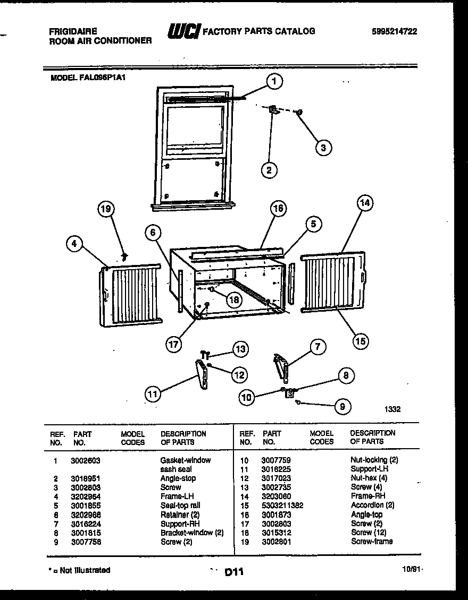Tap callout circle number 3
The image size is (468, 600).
coord(323,148)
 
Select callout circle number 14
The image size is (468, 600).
coord(364,202)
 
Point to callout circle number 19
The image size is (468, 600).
coord(106,209)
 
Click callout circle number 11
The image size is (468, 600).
coord(153,393)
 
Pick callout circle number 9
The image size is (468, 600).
coord(342,407)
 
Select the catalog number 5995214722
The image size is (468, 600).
coord(394,31)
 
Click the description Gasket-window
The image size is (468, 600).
coord(185,460)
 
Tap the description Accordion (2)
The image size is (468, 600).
coord(372,505)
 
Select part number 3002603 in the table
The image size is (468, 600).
coord(86,460)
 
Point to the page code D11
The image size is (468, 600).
coord(233,572)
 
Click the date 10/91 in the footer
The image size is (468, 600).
coord(412,569)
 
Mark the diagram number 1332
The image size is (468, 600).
coord(392,409)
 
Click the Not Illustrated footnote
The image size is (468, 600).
coord(79,570)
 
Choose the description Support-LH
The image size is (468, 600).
coord(369,469)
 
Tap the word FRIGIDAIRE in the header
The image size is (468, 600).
coord(73,32)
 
